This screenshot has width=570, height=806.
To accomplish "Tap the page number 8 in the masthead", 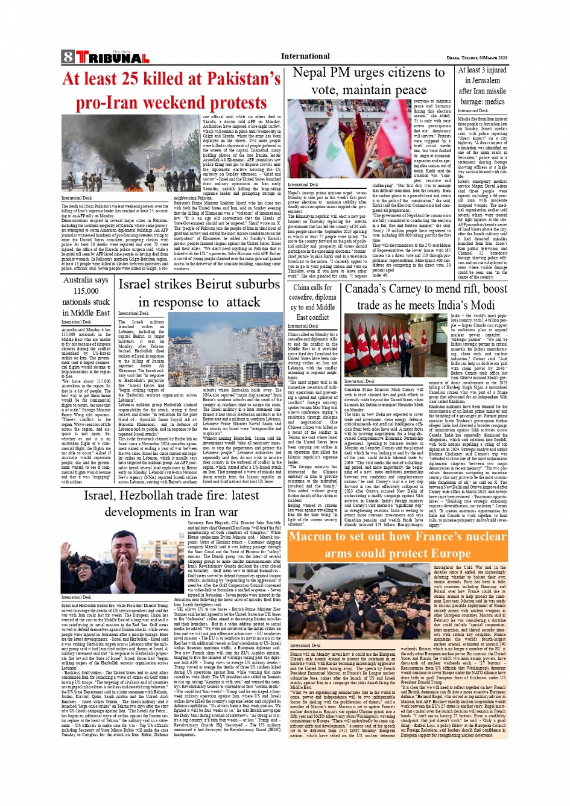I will pyautogui.click(x=68, y=58).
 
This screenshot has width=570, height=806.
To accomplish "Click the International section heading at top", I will pyautogui.click(x=305, y=56).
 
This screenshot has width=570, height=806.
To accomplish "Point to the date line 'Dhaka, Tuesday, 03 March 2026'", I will pyautogui.click(x=477, y=57).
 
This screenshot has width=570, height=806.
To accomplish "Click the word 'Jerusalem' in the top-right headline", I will pyautogui.click(x=482, y=80).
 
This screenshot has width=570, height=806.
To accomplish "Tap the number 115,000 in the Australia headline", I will pyautogui.click(x=86, y=291).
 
